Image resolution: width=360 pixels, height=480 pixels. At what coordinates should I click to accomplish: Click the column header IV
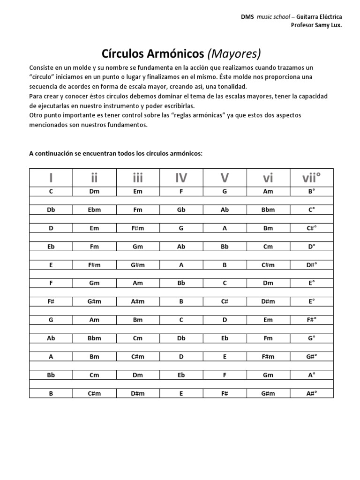pos(181,178)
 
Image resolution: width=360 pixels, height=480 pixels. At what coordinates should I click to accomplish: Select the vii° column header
pos(312,178)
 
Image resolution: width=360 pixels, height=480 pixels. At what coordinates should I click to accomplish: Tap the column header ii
pos(94,178)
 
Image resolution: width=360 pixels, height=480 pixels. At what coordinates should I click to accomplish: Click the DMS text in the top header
pos(247,16)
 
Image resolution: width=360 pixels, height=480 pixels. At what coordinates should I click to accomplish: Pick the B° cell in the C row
pos(312,191)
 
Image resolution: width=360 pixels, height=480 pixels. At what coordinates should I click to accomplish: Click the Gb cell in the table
pos(181,210)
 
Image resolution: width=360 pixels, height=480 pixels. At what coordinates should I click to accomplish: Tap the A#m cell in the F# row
pos(137,301)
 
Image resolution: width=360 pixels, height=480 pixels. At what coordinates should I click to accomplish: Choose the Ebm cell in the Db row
pos(94,210)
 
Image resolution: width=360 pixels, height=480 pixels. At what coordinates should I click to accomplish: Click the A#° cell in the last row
pos(312,393)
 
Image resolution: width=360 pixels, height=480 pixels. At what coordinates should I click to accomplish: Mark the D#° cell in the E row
pos(312,265)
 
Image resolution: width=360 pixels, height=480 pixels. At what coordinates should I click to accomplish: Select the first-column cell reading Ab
pos(51,338)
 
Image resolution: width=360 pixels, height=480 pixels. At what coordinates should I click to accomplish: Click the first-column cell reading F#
pos(51,301)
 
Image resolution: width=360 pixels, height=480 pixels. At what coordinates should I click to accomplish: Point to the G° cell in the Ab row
pos(312,338)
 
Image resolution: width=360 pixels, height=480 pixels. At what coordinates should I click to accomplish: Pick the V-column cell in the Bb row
pos(225,375)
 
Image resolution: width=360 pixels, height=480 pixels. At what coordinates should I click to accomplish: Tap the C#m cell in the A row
pos(137,357)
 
